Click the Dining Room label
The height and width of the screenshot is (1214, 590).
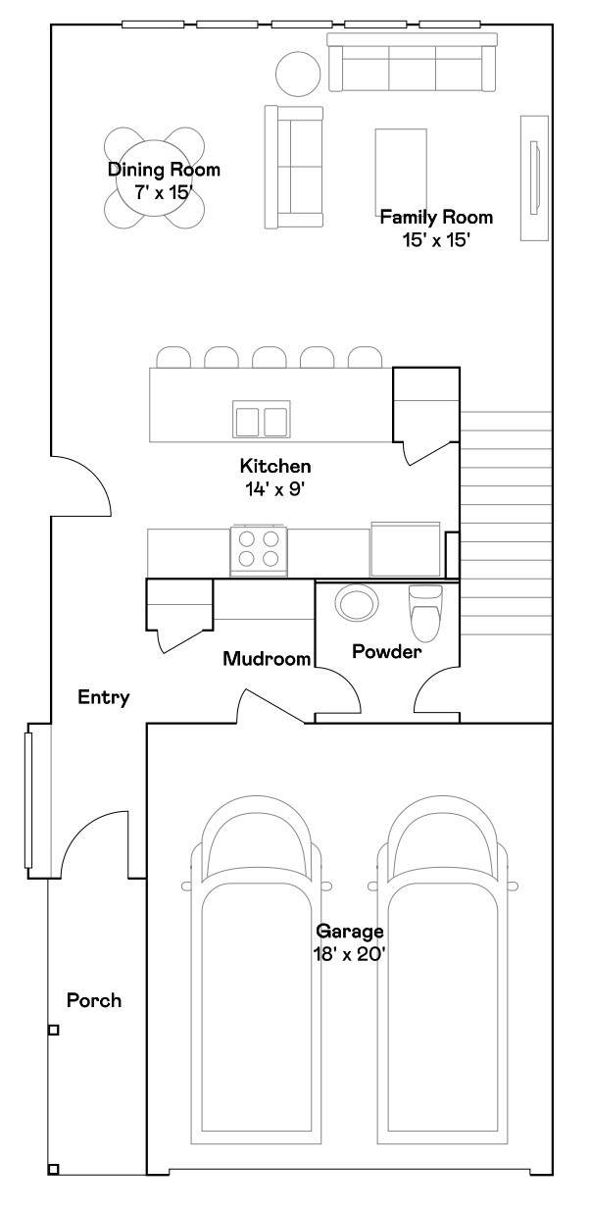click(164, 170)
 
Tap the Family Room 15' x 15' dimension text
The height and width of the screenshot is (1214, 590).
click(435, 240)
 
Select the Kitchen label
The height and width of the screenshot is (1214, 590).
click(275, 466)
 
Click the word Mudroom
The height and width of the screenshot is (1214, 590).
click(268, 659)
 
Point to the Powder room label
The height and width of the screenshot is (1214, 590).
click(386, 651)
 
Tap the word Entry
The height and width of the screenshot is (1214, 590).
click(104, 697)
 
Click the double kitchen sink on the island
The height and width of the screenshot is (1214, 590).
click(261, 419)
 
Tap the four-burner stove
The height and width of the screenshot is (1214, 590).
click(259, 550)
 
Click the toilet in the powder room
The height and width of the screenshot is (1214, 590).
click(425, 613)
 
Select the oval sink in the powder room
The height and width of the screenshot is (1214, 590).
click(356, 602)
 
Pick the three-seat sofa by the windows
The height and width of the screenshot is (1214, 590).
click(413, 62)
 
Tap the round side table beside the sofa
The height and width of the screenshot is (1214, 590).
click(298, 74)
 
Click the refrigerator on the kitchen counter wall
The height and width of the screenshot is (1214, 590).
click(405, 549)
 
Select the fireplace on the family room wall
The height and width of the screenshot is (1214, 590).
click(535, 177)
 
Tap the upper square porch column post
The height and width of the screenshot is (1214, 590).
click(54, 1031)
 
